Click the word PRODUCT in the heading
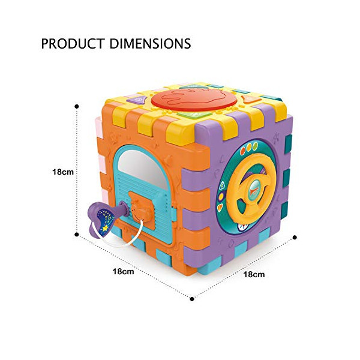[x=73, y=44]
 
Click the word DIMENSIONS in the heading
[x=150, y=44]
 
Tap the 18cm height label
[x=63, y=172]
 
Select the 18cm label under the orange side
[x=123, y=271]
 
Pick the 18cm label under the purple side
[x=254, y=274]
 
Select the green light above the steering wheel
[x=255, y=146]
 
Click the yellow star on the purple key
[x=106, y=228]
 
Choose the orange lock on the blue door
[x=140, y=206]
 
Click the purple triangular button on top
[x=137, y=100]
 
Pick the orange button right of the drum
[x=251, y=100]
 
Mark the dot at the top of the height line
[x=77, y=107]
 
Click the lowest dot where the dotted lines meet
[x=192, y=299]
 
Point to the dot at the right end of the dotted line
[x=295, y=238]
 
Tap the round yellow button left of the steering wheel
[x=221, y=197]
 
